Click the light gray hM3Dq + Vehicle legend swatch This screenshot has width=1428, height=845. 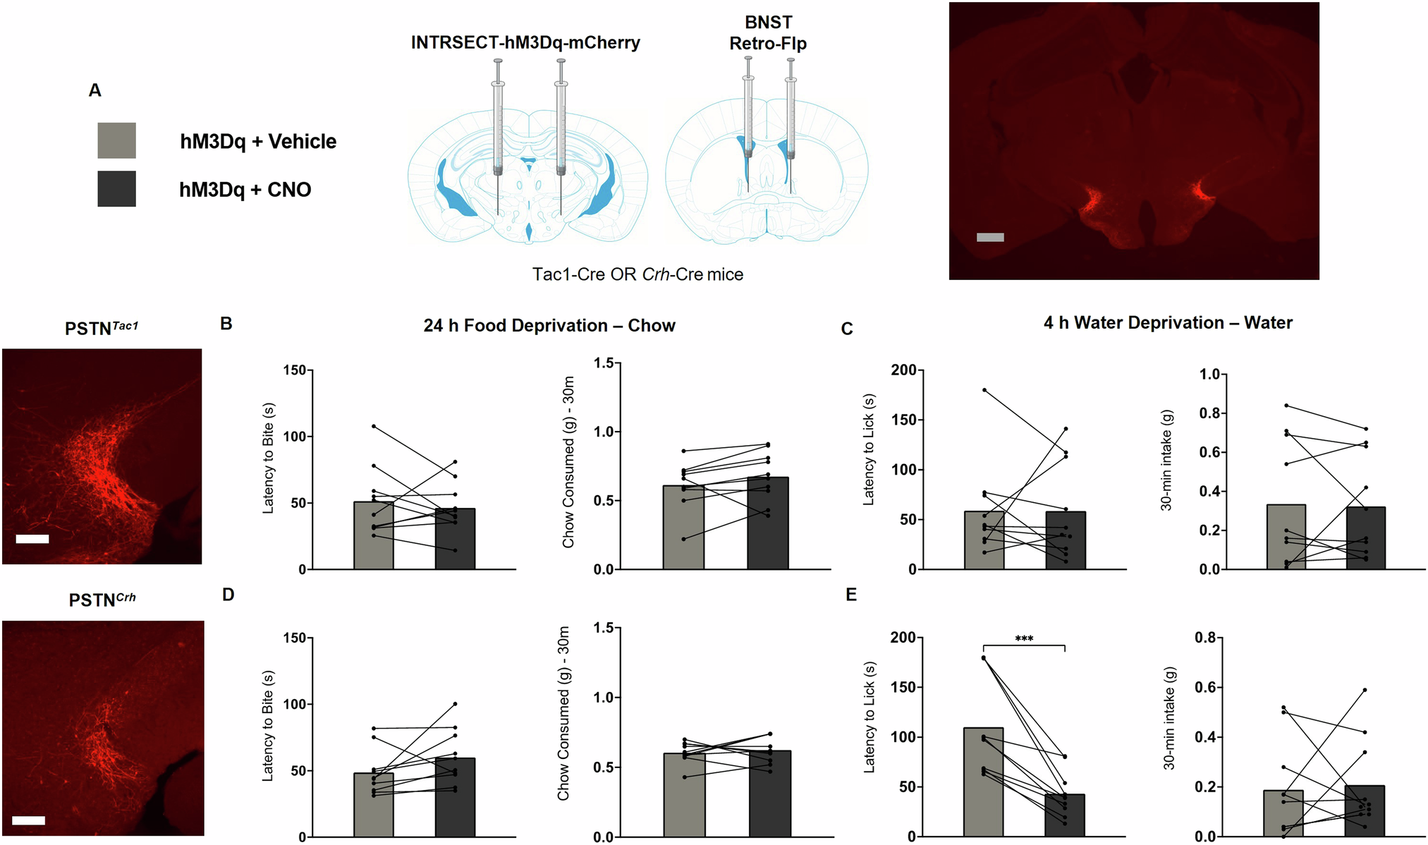pyautogui.click(x=116, y=140)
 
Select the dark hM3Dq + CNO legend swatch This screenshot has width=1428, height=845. pyautogui.click(x=116, y=189)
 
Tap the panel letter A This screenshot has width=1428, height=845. pyautogui.click(x=95, y=90)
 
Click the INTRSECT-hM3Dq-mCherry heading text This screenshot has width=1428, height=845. pyautogui.click(x=525, y=43)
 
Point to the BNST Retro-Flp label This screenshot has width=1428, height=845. pyautogui.click(x=768, y=33)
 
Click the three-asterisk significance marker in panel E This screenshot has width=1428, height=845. pyautogui.click(x=1024, y=639)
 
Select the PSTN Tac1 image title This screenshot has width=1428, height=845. pyautogui.click(x=102, y=328)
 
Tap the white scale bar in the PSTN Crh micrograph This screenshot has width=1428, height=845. pyautogui.click(x=28, y=820)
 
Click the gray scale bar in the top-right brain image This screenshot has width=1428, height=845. pyautogui.click(x=990, y=238)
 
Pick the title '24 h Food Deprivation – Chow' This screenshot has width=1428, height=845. pyautogui.click(x=549, y=326)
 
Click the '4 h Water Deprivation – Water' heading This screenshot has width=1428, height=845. pyautogui.click(x=1168, y=323)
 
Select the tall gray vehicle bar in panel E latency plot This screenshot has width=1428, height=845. pyautogui.click(x=983, y=783)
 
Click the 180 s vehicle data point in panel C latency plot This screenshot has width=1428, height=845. pyautogui.click(x=984, y=390)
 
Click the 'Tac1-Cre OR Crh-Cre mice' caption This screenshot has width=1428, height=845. pyautogui.click(x=637, y=274)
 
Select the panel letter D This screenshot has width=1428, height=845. pyautogui.click(x=228, y=595)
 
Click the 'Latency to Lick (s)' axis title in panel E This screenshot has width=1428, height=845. pyautogui.click(x=870, y=717)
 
